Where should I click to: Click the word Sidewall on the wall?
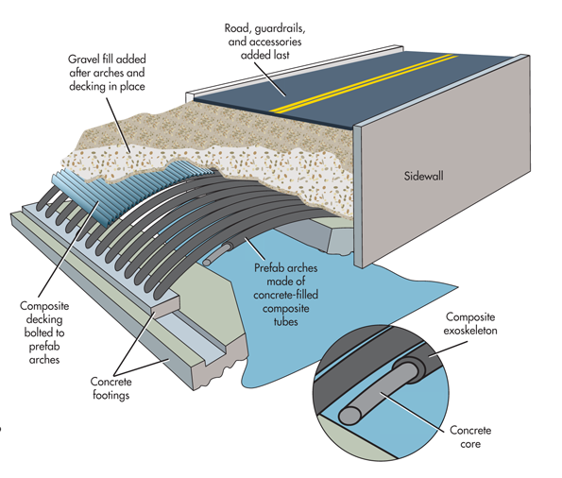click(424, 176)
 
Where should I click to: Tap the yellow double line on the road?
click(364, 83)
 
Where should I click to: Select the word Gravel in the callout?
click(81, 59)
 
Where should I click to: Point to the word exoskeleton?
click(470, 331)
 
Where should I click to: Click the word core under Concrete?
click(470, 444)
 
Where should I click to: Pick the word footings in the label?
click(111, 395)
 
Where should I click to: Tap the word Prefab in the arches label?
click(266, 267)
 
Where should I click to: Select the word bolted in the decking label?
click(40, 333)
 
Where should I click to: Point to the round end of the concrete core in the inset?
click(349, 416)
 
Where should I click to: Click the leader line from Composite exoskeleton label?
click(448, 349)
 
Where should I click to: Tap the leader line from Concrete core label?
click(414, 411)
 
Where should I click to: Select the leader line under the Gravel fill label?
click(118, 125)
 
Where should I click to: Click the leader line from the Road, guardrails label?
click(270, 79)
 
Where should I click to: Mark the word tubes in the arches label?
click(285, 321)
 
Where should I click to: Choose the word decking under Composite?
click(44, 319)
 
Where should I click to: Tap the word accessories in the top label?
click(275, 42)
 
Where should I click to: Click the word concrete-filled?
click(285, 295)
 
